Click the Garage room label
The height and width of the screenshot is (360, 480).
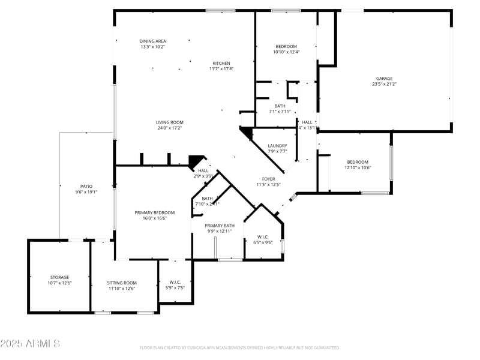tap(384, 79)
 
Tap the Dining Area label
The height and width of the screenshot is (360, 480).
tap(153, 41)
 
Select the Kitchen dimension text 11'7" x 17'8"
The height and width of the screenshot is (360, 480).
tap(221, 69)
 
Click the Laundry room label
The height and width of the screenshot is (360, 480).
tap(277, 146)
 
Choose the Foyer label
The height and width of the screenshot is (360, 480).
tap(268, 179)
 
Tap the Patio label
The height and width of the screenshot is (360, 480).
tap(86, 187)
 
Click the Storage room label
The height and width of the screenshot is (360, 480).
tap(59, 277)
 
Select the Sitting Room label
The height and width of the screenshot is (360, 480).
tap(122, 283)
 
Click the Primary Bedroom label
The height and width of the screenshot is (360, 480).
tap(155, 212)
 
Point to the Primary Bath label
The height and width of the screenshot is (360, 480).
tap(220, 226)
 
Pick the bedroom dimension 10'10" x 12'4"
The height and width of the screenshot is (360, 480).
tap(286, 52)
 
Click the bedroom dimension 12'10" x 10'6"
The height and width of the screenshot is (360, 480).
tap(358, 167)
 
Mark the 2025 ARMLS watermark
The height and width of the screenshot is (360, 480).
tap(30, 344)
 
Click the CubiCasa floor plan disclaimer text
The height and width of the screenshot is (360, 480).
tap(240, 347)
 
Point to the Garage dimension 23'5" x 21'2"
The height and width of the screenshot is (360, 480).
tap(384, 84)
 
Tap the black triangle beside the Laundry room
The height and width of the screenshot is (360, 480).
tap(245, 133)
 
